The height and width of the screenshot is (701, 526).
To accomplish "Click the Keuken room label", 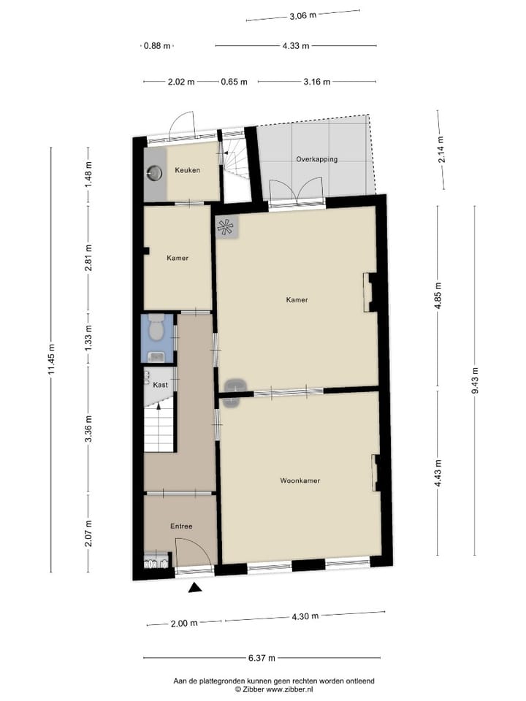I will tap(187, 170).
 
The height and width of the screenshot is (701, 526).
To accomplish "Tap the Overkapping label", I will tap(316, 158).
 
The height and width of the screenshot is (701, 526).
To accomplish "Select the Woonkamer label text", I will tap(300, 480).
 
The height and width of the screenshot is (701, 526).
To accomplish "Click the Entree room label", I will tap(181, 526).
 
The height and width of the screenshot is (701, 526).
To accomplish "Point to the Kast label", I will tap(160, 383).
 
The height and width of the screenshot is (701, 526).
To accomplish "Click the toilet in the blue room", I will tap(155, 330).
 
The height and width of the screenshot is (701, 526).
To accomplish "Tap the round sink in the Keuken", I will tap(155, 173).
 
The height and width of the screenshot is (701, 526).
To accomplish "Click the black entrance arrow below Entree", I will tap(195, 588).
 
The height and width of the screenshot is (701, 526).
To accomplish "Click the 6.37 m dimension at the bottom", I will tap(261, 658).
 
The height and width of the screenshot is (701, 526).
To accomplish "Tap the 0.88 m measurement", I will tap(156, 45).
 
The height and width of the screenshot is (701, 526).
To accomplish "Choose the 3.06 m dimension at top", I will tap(302, 15).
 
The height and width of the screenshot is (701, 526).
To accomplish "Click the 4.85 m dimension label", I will tap(438, 297).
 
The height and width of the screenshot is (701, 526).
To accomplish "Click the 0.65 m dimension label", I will tap(234, 82).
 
